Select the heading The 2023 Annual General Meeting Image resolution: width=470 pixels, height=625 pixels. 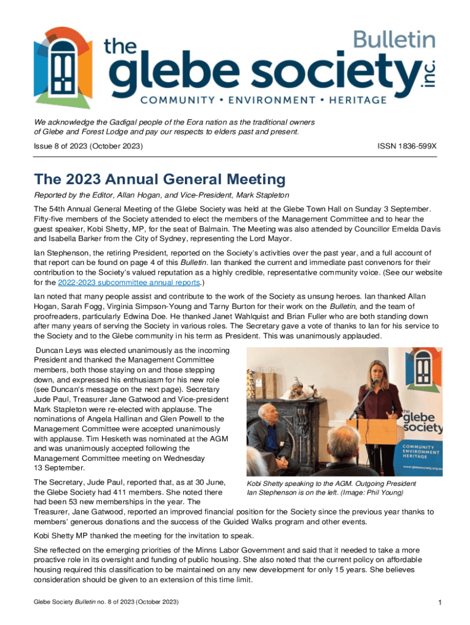160,179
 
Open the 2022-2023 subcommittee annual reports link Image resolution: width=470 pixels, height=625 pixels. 129,283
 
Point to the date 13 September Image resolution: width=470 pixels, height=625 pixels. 60,468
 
